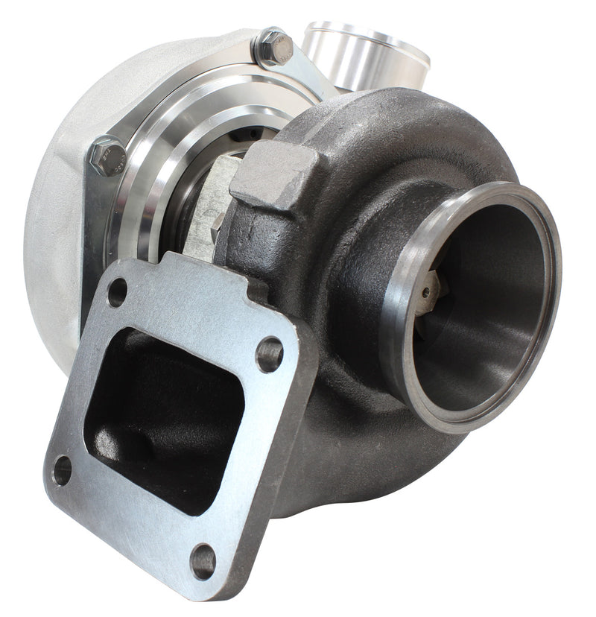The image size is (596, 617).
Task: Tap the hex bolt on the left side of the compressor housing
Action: (105, 155)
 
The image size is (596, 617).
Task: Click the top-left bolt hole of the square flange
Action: (117, 292)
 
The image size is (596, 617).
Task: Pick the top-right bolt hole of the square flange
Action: (269, 354)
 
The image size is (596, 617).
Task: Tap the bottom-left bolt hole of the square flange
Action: (62, 470)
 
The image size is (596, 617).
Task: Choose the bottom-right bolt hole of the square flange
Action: (203, 561)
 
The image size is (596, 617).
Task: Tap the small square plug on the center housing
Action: (218, 224)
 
